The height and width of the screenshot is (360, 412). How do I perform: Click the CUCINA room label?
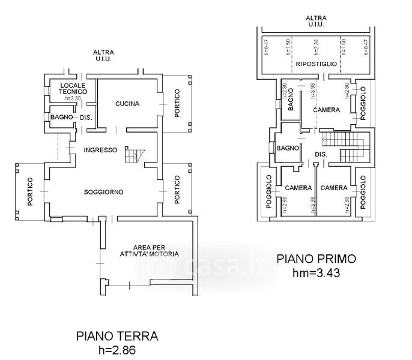point(127,104)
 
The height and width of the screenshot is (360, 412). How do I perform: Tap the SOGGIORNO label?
point(103,192)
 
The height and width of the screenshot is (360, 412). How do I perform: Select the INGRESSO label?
point(100,150)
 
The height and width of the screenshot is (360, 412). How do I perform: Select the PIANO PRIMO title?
point(316,259)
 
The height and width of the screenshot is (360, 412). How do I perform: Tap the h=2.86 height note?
point(117,349)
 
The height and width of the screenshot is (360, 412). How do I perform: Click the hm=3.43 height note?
point(316,273)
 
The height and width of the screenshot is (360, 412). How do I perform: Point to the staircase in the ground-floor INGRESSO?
point(133,155)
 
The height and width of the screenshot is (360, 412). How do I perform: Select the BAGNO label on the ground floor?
point(61,117)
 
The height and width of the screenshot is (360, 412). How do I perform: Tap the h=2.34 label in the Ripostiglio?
point(314,48)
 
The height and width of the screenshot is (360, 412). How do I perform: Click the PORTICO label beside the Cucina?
point(177,102)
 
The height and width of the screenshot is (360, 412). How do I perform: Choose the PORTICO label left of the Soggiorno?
point(29,191)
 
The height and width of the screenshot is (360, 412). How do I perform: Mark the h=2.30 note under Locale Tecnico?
point(73,98)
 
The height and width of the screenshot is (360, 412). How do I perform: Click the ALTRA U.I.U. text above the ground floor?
point(99,55)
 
